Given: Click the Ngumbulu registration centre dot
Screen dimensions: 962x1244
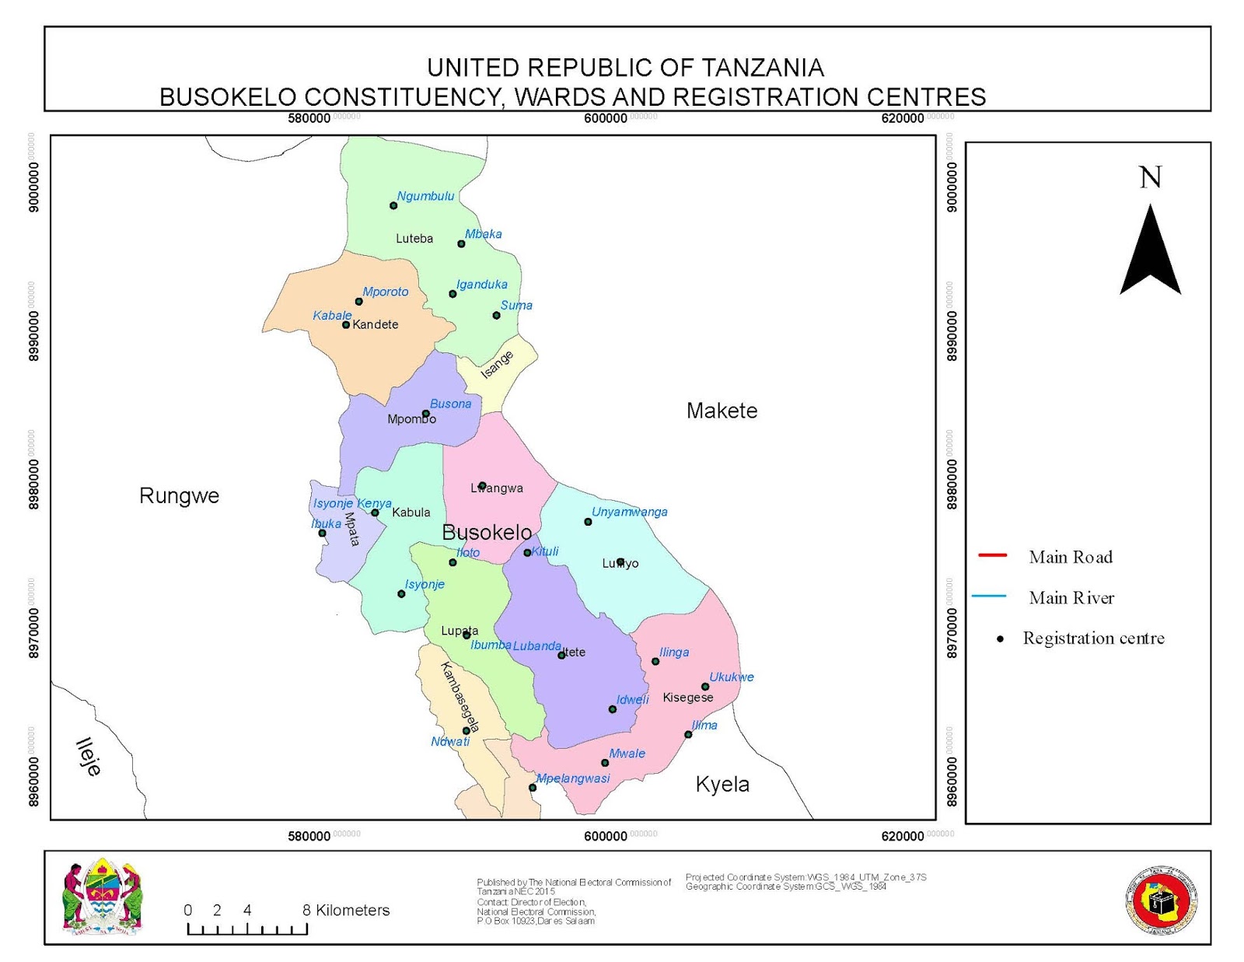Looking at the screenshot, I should click(x=393, y=205).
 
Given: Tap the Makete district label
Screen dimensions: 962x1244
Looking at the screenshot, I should click(x=722, y=411).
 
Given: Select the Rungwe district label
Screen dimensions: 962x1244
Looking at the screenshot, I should click(x=179, y=495).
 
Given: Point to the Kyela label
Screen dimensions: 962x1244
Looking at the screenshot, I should click(x=722, y=784).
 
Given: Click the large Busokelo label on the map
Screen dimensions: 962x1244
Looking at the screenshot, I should click(x=487, y=533).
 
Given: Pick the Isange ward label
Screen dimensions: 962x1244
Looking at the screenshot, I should click(x=497, y=364).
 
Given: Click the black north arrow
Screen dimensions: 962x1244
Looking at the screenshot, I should click(x=1150, y=250).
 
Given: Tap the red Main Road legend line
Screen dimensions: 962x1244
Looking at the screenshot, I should click(x=992, y=555).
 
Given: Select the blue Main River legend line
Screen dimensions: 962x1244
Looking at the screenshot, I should click(x=989, y=596).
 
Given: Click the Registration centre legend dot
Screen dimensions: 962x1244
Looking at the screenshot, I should click(x=1001, y=638).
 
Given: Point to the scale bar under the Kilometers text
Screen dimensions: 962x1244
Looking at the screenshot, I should click(x=247, y=929).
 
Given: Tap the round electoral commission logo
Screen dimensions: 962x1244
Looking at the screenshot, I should click(x=1162, y=901).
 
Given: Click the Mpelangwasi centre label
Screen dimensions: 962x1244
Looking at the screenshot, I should click(x=573, y=778).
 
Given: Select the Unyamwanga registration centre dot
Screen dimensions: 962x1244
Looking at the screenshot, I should click(x=588, y=522).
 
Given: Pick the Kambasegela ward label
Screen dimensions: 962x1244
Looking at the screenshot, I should click(x=460, y=697).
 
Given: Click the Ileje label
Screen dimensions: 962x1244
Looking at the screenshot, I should click(x=89, y=757).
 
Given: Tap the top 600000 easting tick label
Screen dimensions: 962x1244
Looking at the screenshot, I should click(x=605, y=118).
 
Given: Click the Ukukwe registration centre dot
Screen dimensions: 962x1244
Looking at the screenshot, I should click(x=705, y=687).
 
